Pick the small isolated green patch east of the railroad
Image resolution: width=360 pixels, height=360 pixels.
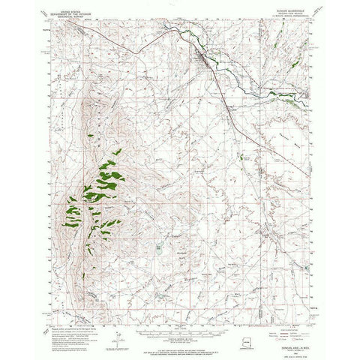(247, 158)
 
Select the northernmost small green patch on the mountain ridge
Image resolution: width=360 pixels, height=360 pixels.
(91, 135)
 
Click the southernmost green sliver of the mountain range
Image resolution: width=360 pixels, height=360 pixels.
(91, 248)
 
